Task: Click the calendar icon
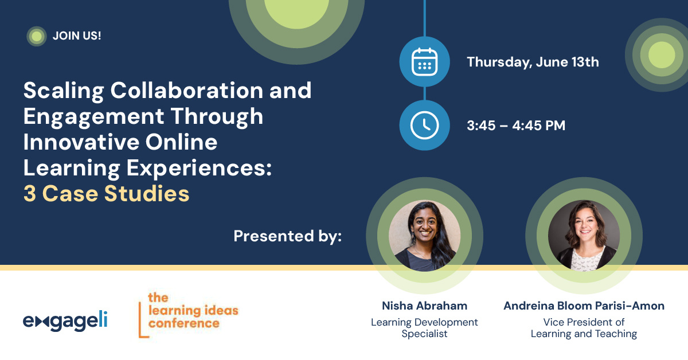(425, 61)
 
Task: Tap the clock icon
(425, 125)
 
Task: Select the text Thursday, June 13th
(533, 62)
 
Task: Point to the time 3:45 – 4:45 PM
(516, 126)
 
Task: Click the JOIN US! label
(77, 36)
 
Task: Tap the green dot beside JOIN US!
(37, 36)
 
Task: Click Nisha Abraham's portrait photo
(424, 235)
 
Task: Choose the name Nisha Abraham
(424, 306)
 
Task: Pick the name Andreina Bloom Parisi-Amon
(584, 306)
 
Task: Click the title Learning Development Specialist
(424, 328)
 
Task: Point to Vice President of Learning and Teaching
(584, 328)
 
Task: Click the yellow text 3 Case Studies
(107, 194)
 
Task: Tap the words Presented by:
(288, 236)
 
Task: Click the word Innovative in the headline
(83, 142)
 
